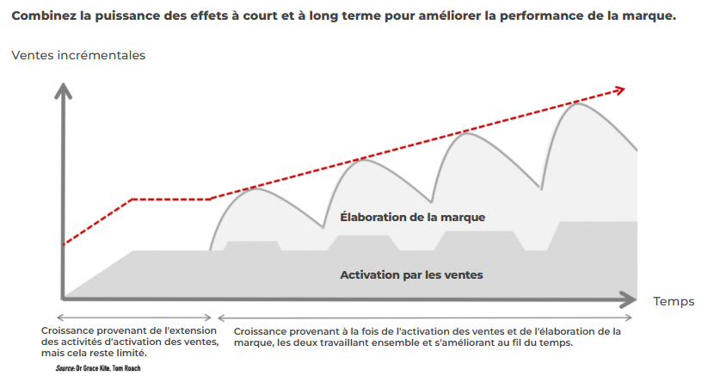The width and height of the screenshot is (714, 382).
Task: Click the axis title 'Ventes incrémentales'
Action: click(x=78, y=55)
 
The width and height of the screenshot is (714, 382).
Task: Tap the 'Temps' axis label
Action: click(x=674, y=301)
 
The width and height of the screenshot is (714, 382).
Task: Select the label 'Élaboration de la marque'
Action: click(x=413, y=218)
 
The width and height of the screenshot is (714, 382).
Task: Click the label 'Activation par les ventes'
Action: click(x=411, y=275)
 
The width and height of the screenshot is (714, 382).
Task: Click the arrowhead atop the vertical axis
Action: click(x=62, y=89)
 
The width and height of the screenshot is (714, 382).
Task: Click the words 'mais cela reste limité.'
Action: click(x=94, y=353)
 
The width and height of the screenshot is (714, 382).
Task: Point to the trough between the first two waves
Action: click(x=323, y=228)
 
